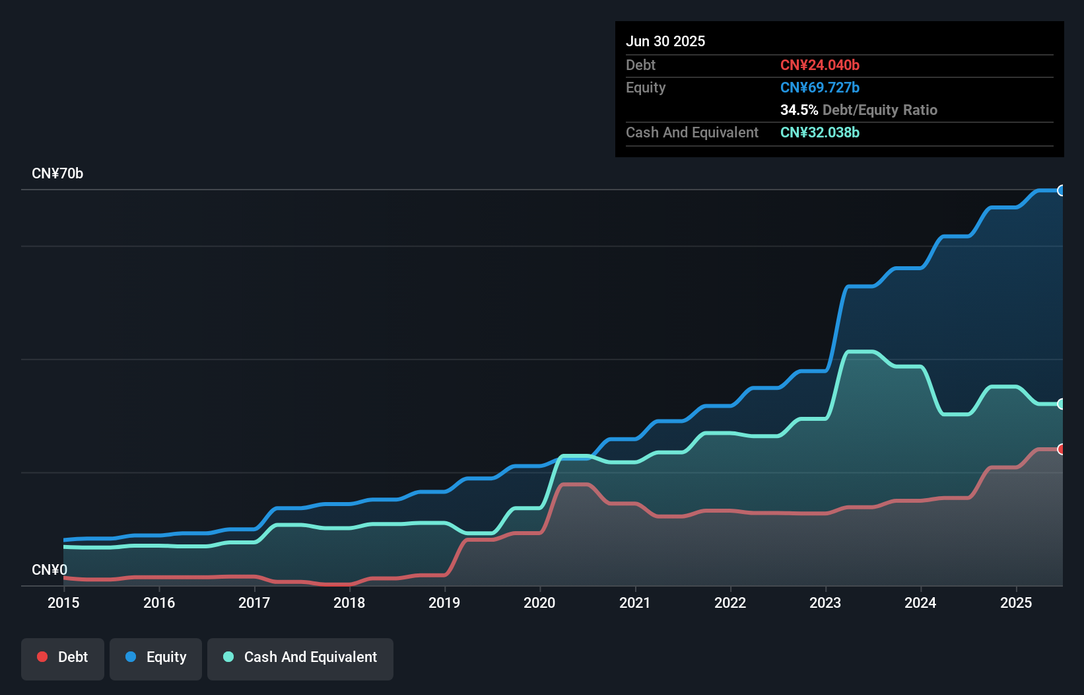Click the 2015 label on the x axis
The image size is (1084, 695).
pyautogui.click(x=63, y=603)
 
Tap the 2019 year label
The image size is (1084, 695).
pyautogui.click(x=444, y=603)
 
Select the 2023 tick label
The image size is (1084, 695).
pyautogui.click(x=825, y=603)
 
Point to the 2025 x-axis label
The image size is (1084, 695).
pyautogui.click(x=1016, y=603)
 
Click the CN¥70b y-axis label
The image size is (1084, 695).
pyautogui.click(x=57, y=174)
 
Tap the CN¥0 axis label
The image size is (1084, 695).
pyautogui.click(x=50, y=569)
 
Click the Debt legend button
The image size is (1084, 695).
pyautogui.click(x=63, y=657)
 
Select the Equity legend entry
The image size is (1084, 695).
pyautogui.click(x=156, y=657)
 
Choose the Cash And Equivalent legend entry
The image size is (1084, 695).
pyautogui.click(x=300, y=657)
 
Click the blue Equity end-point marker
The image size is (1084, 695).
pyautogui.click(x=1062, y=190)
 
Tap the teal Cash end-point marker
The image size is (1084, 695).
pyautogui.click(x=1062, y=404)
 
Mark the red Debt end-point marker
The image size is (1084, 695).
pyautogui.click(x=1062, y=449)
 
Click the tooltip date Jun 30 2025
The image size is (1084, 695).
pyautogui.click(x=665, y=41)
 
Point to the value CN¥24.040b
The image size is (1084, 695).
pyautogui.click(x=820, y=65)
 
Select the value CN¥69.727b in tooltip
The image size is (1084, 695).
pyautogui.click(x=820, y=87)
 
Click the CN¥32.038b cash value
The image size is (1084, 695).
pyautogui.click(x=820, y=132)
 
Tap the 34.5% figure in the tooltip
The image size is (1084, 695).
pyautogui.click(x=799, y=110)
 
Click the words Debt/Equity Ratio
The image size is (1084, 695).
pyautogui.click(x=880, y=110)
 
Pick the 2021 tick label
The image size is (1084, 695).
pyautogui.click(x=634, y=603)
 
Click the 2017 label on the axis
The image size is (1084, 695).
pyautogui.click(x=254, y=603)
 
